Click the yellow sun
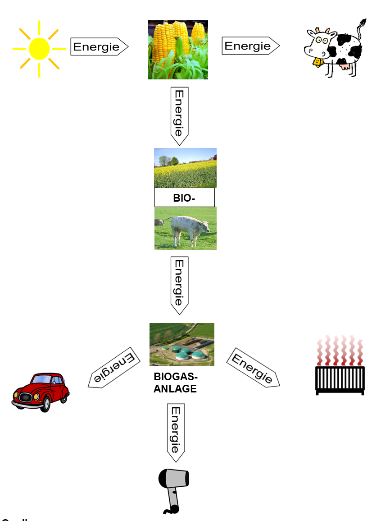39,48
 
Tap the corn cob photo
178,50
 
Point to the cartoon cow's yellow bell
318,61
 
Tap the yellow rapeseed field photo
185,168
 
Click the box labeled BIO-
184,198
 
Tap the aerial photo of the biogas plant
182,344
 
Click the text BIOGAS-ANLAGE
175,383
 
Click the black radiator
340,380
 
